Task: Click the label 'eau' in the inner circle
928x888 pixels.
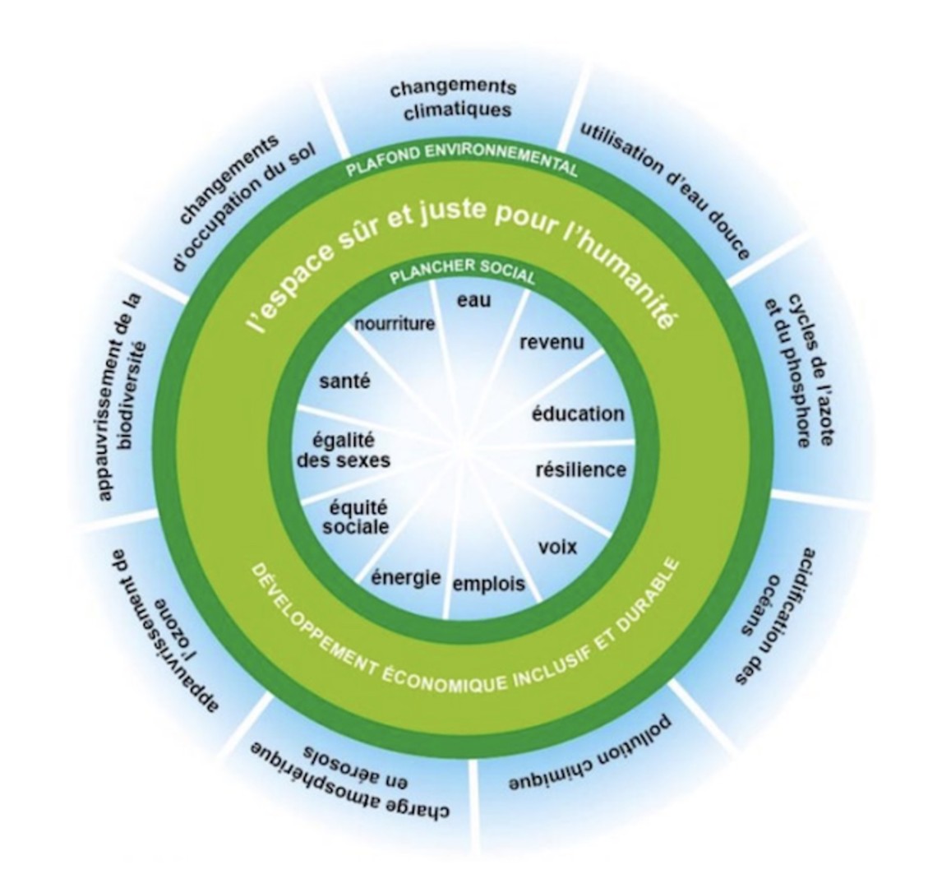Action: coord(473,301)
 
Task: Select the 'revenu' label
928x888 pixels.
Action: coord(552,341)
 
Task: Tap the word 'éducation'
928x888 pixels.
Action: coord(578,414)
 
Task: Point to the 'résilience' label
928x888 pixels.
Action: coord(580,470)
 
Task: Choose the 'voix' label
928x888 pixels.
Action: coord(557,546)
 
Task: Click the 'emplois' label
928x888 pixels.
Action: coord(488,585)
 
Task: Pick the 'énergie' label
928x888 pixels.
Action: coord(406,578)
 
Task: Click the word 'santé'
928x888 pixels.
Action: coord(344,382)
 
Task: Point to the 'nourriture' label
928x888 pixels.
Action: coord(394,324)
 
